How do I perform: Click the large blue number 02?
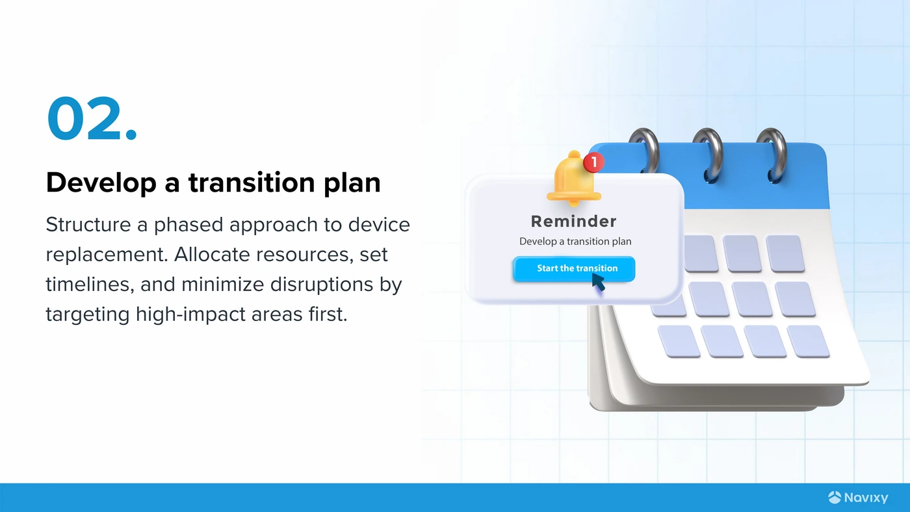[x=92, y=118]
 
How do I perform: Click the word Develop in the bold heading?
[x=101, y=183]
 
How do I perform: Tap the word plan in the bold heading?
[x=352, y=183]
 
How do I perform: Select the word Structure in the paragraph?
[x=88, y=225]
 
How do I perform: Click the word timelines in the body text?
[x=90, y=284]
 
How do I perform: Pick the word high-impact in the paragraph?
[x=190, y=314]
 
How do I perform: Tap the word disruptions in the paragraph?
[x=321, y=284]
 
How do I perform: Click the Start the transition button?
[x=573, y=269]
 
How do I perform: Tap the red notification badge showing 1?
[x=593, y=162]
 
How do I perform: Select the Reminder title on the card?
[x=573, y=222]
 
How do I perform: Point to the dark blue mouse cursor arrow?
[x=599, y=282]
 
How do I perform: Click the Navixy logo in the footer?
[x=858, y=498]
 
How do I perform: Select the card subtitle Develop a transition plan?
[x=575, y=242]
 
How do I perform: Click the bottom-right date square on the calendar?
[x=808, y=342]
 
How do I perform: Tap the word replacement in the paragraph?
[x=107, y=255]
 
